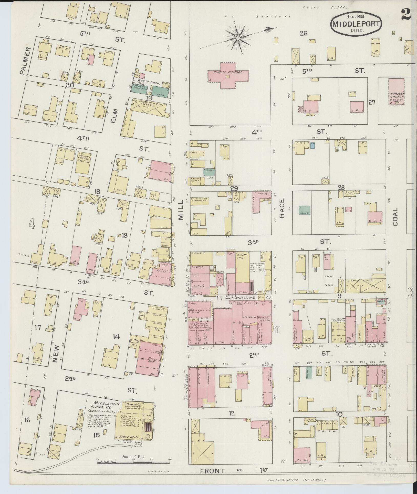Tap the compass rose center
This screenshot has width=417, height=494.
pyautogui.click(x=238, y=38)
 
